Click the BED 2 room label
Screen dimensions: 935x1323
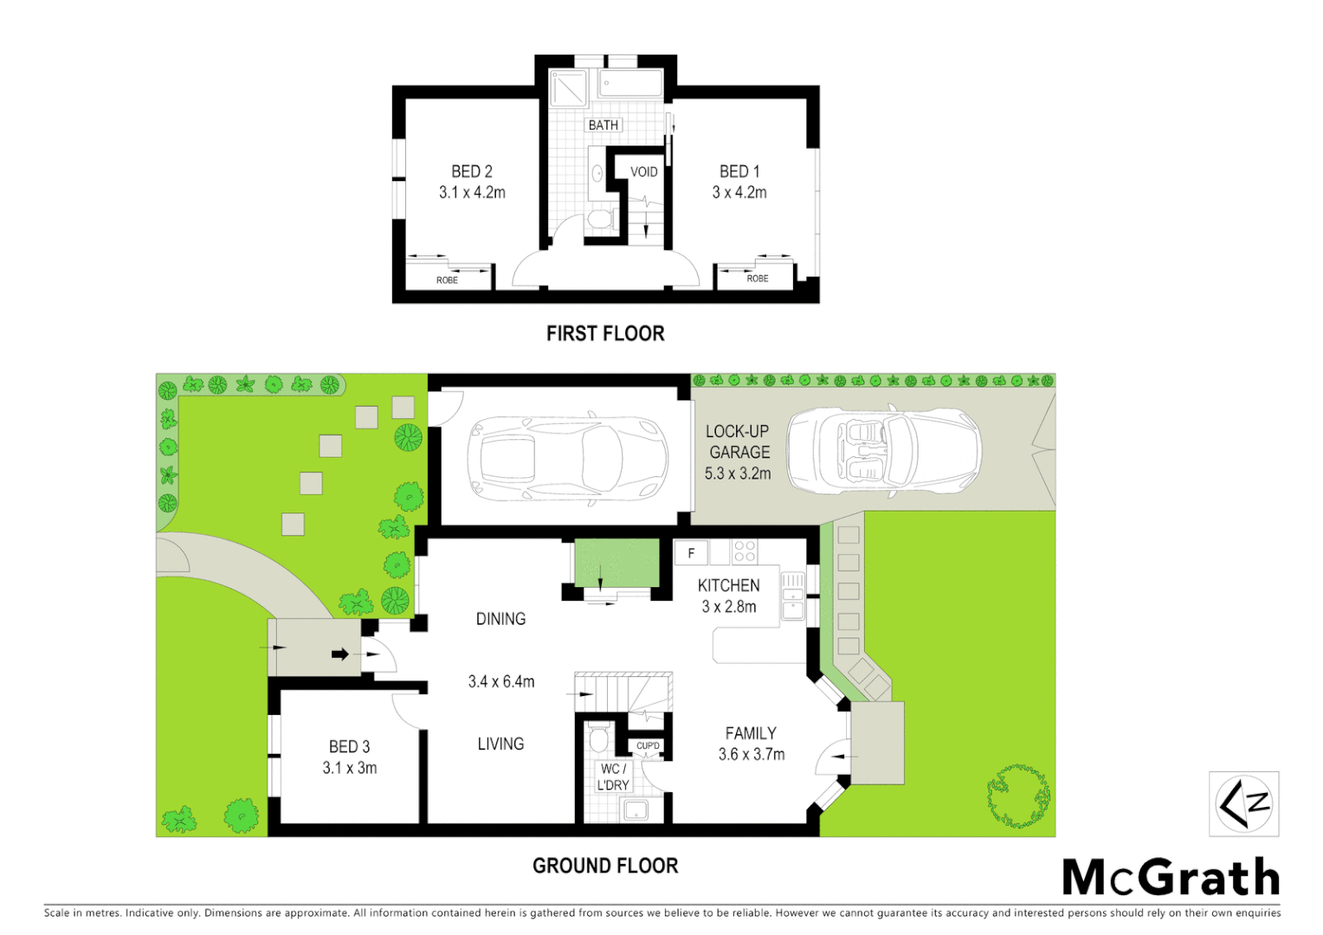pos(472,171)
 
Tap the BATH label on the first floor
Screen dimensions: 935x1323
pos(603,126)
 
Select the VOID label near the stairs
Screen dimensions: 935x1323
pos(643,171)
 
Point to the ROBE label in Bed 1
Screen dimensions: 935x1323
pos(758,279)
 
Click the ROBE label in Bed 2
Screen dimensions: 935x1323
pos(447,280)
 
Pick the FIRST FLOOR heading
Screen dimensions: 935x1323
pos(605,333)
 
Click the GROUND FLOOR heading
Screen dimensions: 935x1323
pos(605,866)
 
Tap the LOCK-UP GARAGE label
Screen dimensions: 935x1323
pos(738,442)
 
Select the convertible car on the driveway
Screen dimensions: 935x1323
pos(884,451)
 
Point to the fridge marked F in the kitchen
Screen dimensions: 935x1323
pos(691,552)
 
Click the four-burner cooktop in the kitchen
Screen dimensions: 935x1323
pos(745,551)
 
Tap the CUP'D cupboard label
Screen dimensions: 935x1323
pos(648,745)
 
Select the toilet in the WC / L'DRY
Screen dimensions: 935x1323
pos(598,740)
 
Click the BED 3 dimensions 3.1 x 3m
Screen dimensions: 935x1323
pos(350,768)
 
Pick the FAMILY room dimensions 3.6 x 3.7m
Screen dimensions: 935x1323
pos(752,754)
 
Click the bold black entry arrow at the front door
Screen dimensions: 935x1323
pos(340,654)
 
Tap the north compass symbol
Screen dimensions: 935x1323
pos(1244,804)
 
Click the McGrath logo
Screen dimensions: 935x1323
pos(1171,878)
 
